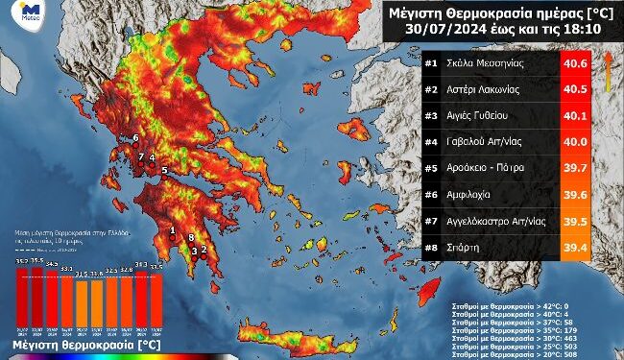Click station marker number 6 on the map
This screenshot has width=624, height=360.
[135, 138]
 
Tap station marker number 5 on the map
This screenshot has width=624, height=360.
[164, 170]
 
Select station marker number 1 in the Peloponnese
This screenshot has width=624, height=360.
[172, 229]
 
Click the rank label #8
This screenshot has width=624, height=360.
[432, 247]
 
